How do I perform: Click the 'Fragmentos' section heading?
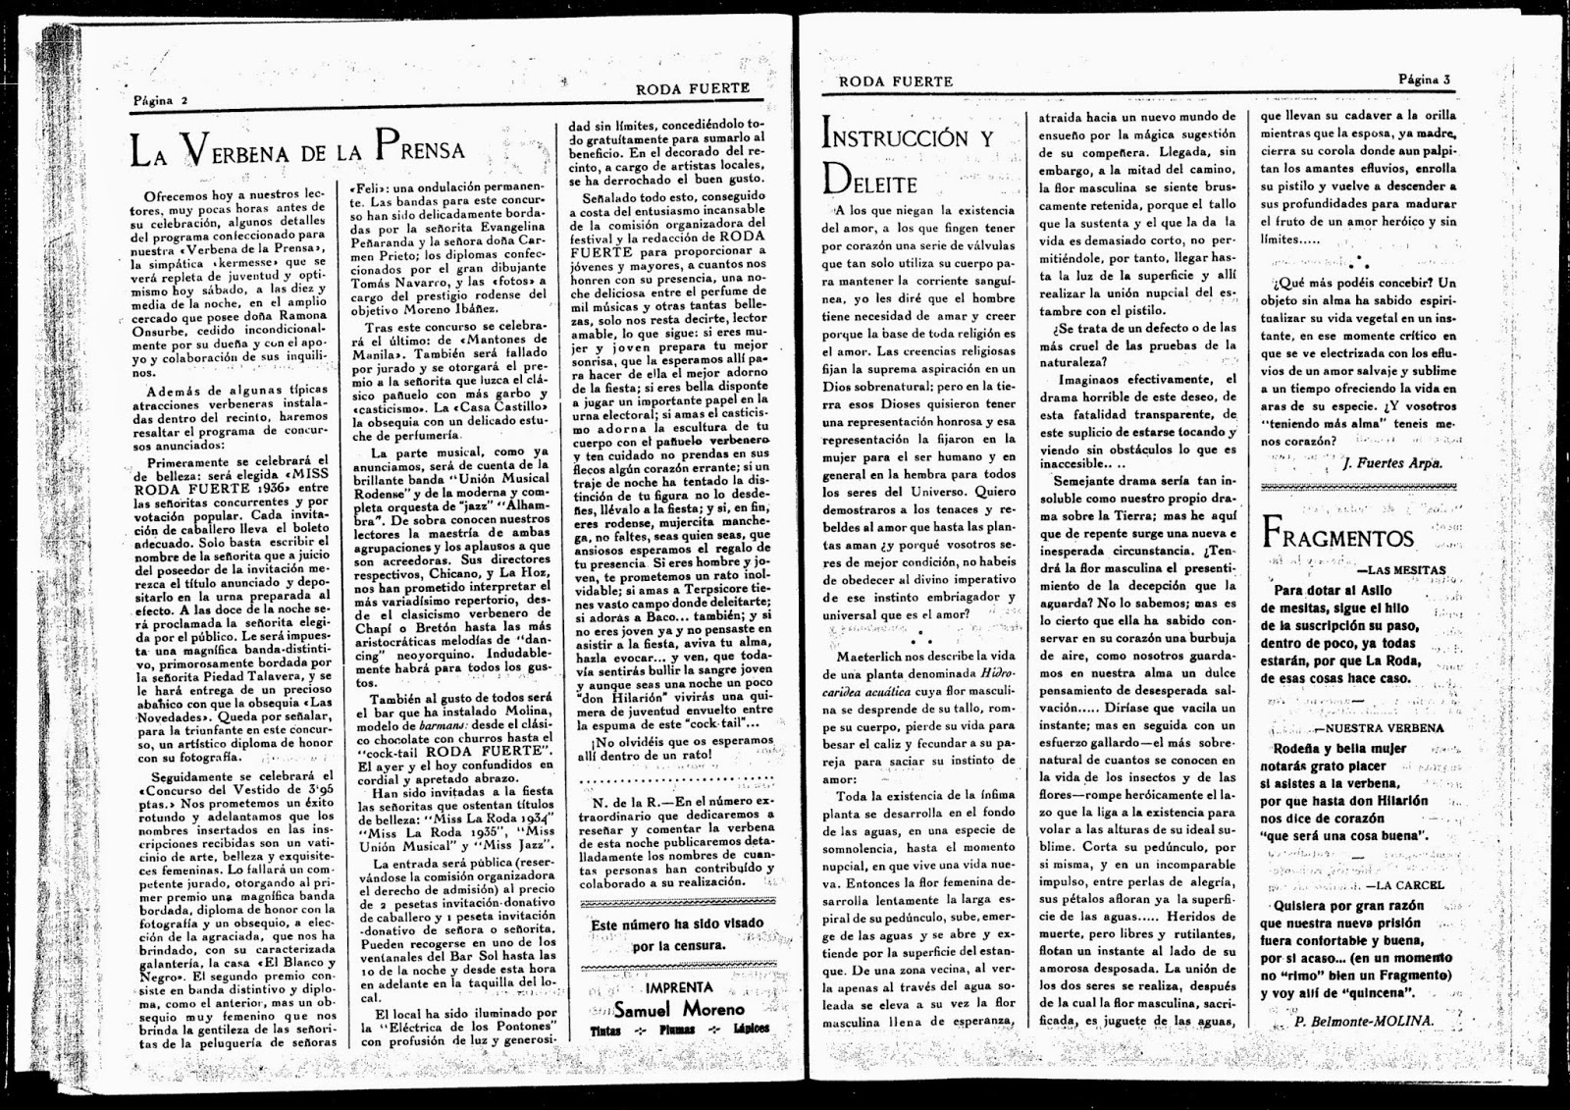[1339, 536]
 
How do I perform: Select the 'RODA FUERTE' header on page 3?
[896, 81]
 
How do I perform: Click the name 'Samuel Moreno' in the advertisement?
[679, 1008]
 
